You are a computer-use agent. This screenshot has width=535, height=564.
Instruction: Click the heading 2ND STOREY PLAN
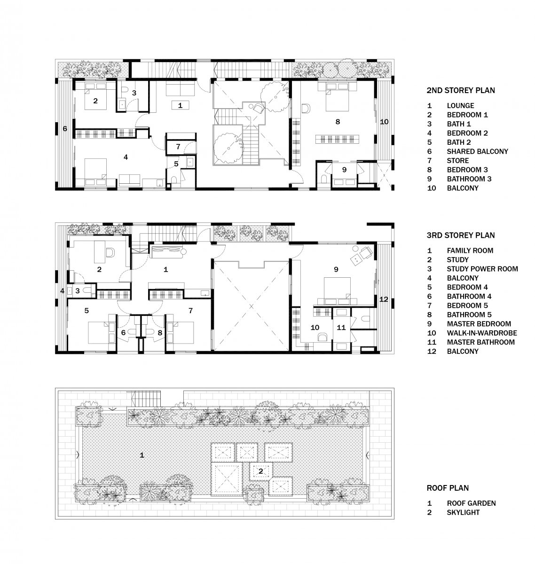pos(460,90)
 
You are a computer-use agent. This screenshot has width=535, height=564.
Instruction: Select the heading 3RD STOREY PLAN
pos(460,235)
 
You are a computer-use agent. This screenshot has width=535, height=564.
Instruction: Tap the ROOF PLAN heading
pos(448,488)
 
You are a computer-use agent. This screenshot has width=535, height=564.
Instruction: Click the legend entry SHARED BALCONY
pos(477,151)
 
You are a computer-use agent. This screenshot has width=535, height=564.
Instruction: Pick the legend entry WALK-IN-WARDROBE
pos(482,333)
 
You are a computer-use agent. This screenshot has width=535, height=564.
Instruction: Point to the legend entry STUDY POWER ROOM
pos(482,269)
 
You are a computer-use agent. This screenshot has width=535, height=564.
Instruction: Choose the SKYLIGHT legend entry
pos(463,512)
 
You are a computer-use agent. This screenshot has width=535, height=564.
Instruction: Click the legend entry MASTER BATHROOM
pos(480,342)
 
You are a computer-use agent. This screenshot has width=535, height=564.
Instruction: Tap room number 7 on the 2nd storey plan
pos(178,147)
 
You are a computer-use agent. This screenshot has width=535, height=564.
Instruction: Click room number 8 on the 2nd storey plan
pos(338,122)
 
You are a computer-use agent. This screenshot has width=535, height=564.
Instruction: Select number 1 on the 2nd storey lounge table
pos(180,105)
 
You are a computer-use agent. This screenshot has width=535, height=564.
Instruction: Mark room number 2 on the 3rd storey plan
pos(99,269)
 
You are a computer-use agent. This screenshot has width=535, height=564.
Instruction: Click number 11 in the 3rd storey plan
pos(341,327)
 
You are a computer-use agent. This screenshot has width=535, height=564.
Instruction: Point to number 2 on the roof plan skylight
pos(260,471)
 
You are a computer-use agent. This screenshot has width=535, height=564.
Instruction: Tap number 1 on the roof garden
pos(142,455)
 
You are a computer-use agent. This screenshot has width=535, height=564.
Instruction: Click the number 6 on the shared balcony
pos(65,128)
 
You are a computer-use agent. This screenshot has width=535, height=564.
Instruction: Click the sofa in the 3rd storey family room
pos(168,252)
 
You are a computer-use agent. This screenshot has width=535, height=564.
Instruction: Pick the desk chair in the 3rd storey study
pos(110,253)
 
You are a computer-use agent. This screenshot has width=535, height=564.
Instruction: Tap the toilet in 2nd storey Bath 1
pos(125,89)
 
